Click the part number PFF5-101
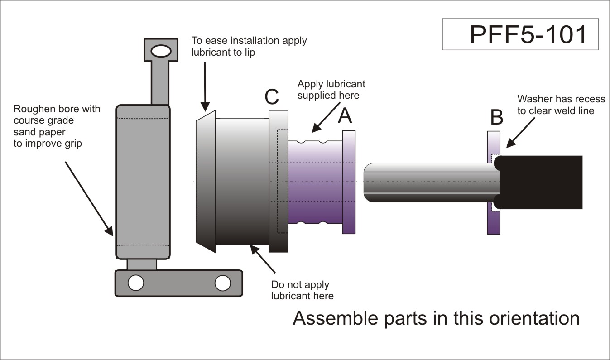point(528,34)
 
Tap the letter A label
point(345,117)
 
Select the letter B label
point(497,118)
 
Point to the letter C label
point(272,96)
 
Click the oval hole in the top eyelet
point(159,51)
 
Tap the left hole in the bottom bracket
point(135,283)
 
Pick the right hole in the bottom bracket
point(222,283)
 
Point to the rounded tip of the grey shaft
point(369,182)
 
